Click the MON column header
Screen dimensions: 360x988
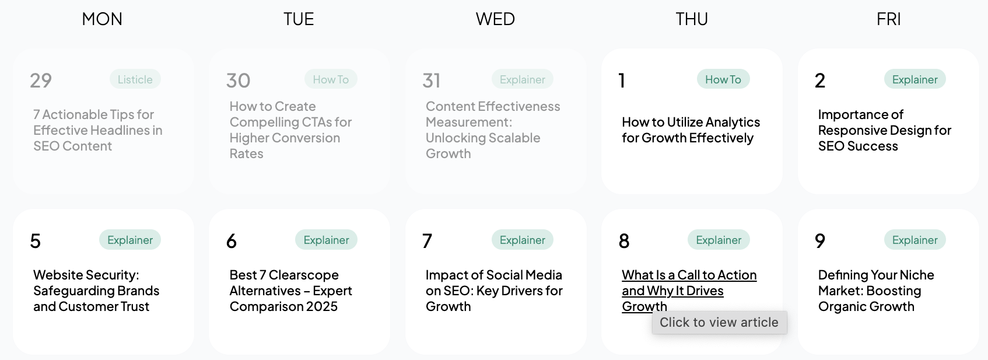pos(102,19)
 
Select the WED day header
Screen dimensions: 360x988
pos(495,19)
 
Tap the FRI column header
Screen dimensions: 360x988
pos(888,19)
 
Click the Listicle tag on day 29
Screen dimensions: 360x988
pos(135,79)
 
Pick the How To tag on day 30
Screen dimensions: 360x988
pos(331,79)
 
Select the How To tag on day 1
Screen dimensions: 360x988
pos(723,79)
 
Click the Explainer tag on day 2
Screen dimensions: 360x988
pos(915,79)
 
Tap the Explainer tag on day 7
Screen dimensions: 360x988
pos(522,240)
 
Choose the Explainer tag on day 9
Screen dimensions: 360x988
pos(915,240)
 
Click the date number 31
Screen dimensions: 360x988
pos(432,81)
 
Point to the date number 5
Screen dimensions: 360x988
pos(36,241)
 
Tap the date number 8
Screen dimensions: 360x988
pos(624,241)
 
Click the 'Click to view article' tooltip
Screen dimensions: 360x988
pos(719,323)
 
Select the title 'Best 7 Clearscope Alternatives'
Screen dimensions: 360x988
pos(290,291)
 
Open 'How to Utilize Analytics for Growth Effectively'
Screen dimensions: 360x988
pos(691,130)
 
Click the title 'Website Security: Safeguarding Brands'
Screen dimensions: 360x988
pos(96,291)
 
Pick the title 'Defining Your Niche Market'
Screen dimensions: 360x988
pos(875,291)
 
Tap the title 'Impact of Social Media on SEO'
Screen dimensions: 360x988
pos(494,291)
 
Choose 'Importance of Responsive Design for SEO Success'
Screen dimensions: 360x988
pos(884,130)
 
